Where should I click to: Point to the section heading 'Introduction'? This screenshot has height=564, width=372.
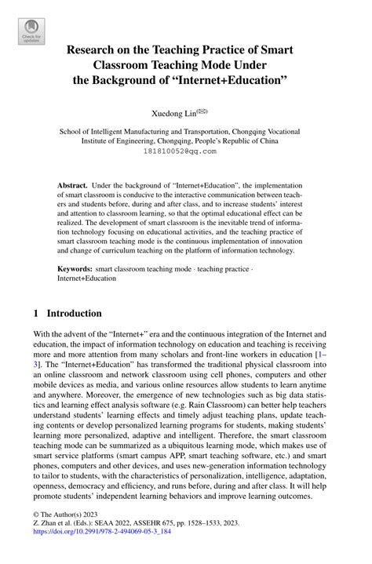75,313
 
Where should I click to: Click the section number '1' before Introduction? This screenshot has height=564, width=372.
35,313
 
